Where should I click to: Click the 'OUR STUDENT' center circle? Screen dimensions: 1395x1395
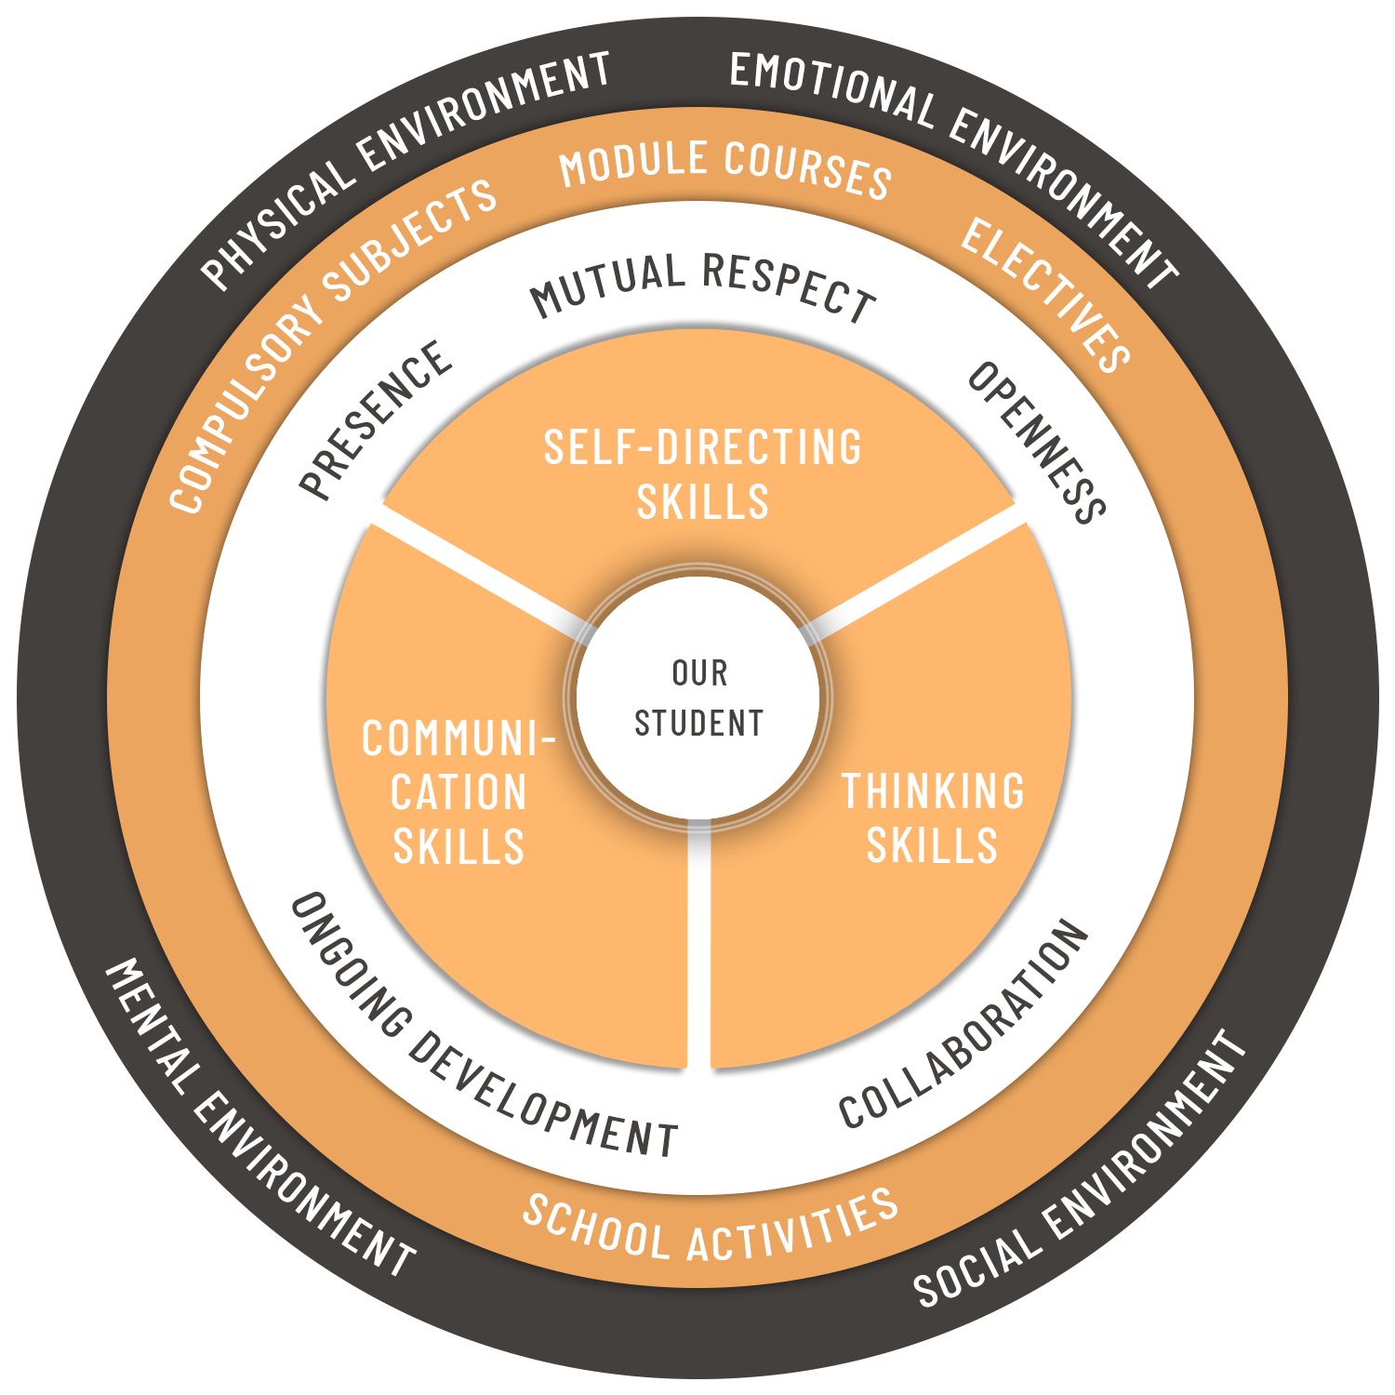click(697, 698)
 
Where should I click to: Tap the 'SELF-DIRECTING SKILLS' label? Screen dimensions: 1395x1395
click(702, 474)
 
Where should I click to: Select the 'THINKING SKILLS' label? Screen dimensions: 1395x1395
click(933, 818)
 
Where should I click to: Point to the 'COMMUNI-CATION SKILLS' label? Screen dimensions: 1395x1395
click(458, 793)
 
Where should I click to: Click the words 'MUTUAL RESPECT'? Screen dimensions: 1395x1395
click(703, 284)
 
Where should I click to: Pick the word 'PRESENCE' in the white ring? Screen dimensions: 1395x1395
click(377, 419)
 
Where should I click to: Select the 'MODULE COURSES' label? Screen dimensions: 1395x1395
click(725, 167)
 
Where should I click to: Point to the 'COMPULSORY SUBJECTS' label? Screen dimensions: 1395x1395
click(331, 344)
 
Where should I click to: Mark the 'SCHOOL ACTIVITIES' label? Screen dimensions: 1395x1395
click(711, 1228)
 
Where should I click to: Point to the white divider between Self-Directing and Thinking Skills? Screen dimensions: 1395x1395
click(916, 571)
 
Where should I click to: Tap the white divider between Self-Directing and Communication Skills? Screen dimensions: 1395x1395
click(479, 571)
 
